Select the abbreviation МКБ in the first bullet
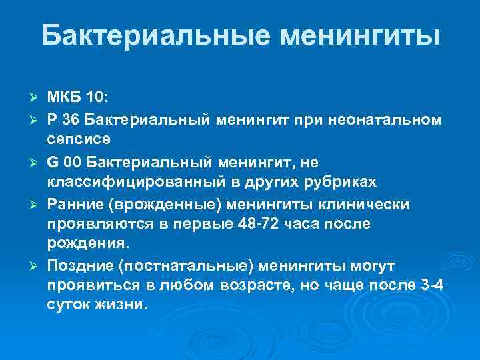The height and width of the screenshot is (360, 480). click(64, 98)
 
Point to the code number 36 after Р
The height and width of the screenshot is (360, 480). click(72, 119)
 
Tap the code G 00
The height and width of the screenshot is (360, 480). click(65, 161)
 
